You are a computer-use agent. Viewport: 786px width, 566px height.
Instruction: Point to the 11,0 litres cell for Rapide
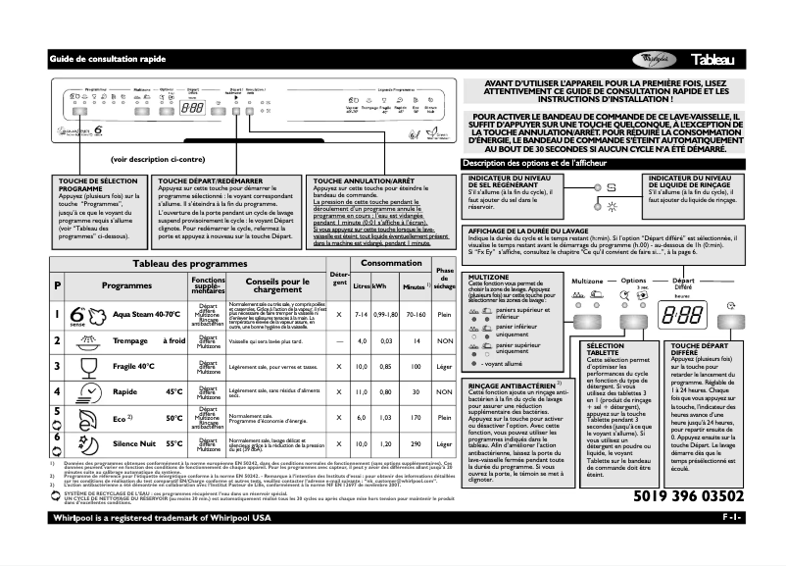tap(360, 391)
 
